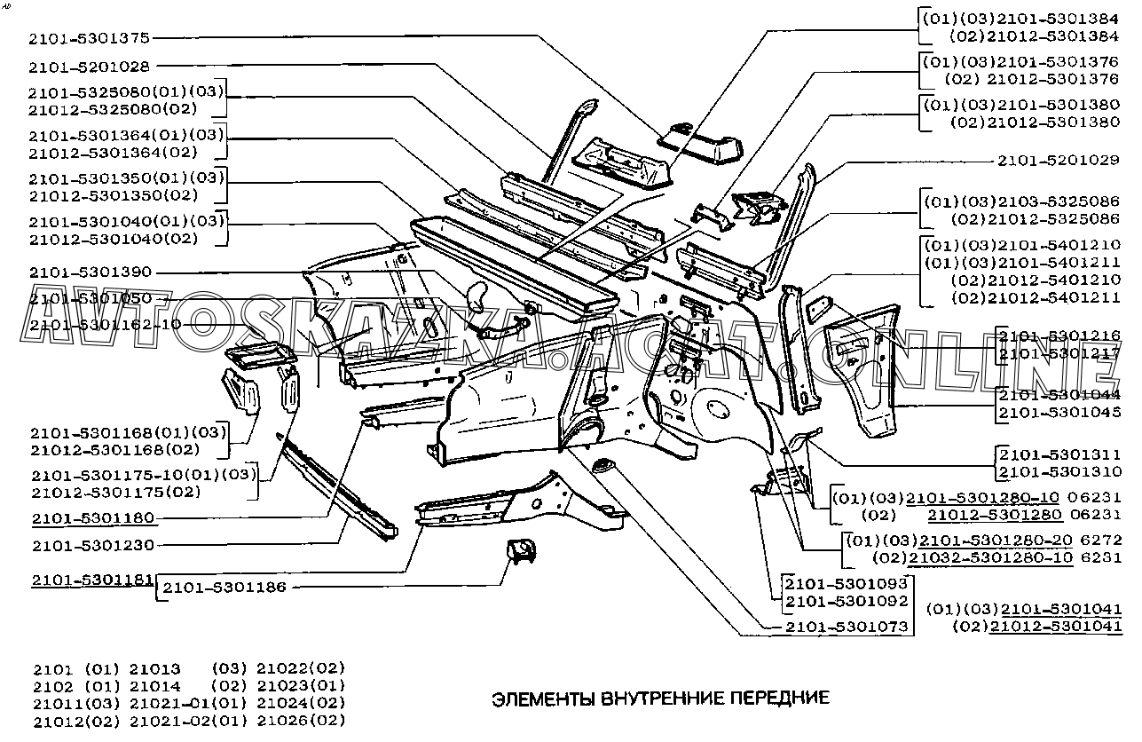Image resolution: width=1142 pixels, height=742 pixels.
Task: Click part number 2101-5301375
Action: click(x=89, y=37)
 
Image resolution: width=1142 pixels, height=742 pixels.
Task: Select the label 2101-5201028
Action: click(x=89, y=66)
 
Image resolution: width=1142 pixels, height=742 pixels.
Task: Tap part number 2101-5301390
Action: click(x=90, y=272)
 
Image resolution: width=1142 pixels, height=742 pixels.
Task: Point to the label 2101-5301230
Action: click(x=92, y=545)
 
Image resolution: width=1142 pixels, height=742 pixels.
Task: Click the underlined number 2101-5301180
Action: click(x=92, y=518)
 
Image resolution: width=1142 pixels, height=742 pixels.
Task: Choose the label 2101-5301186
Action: click(x=224, y=588)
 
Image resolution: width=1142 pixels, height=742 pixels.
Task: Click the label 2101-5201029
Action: click(x=1059, y=161)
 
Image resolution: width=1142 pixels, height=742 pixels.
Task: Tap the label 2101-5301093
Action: click(x=847, y=584)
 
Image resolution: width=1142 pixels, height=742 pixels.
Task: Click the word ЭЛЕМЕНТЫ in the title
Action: click(x=540, y=698)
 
